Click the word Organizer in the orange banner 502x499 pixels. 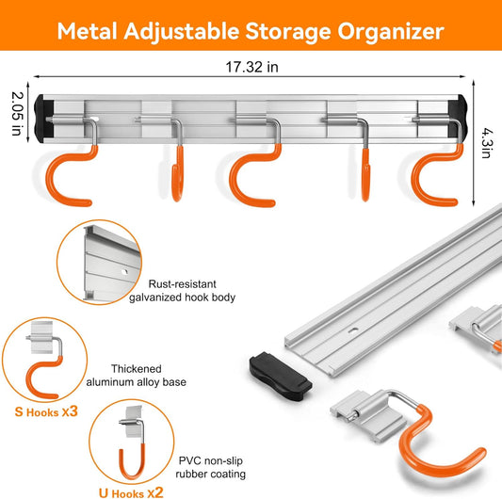(391, 32)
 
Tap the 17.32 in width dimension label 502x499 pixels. (252, 67)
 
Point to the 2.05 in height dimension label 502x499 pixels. (17, 114)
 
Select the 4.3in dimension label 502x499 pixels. (487, 143)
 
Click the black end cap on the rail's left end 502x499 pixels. (43, 119)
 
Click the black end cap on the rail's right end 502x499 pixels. (458, 118)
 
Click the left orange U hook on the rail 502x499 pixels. (178, 173)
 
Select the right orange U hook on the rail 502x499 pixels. (365, 174)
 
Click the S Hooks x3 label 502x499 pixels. (46, 411)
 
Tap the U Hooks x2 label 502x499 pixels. (131, 492)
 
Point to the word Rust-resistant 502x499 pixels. (182, 284)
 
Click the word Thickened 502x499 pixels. (136, 369)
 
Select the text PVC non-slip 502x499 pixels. (210, 460)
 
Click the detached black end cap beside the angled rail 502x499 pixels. (281, 376)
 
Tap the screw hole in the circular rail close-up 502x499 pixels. (124, 272)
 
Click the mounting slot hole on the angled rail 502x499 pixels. (353, 330)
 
